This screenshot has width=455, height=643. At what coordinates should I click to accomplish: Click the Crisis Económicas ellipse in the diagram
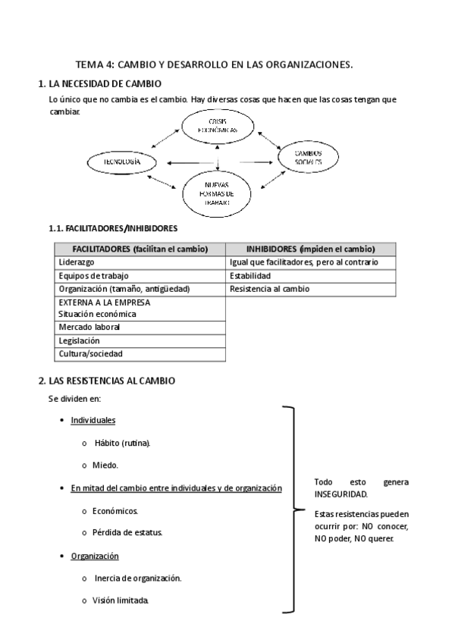218,126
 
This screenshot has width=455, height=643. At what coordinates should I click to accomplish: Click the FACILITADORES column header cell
140,249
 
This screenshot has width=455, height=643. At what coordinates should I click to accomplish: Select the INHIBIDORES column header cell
311,249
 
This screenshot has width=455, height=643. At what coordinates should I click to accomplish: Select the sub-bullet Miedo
106,465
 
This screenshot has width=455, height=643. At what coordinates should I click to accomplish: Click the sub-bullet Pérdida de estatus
127,532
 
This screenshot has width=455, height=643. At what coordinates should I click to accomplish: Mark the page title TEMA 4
215,66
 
